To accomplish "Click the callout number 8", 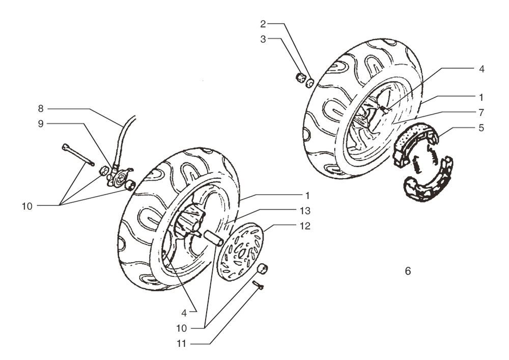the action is [x=41, y=108].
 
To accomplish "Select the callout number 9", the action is [x=41, y=124].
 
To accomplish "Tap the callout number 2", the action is [x=263, y=24].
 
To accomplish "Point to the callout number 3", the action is [x=263, y=39].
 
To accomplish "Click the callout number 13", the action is [x=305, y=211].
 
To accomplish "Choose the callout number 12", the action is [x=305, y=226].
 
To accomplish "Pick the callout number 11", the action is [x=182, y=343].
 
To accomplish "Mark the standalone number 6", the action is [x=408, y=271].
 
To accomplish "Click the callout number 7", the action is [x=481, y=113].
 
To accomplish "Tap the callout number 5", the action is [x=481, y=128].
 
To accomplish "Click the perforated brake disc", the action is [x=240, y=251].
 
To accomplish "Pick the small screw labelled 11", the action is [x=258, y=285].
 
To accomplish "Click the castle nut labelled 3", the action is [x=301, y=78].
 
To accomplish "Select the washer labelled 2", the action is [x=310, y=83].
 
